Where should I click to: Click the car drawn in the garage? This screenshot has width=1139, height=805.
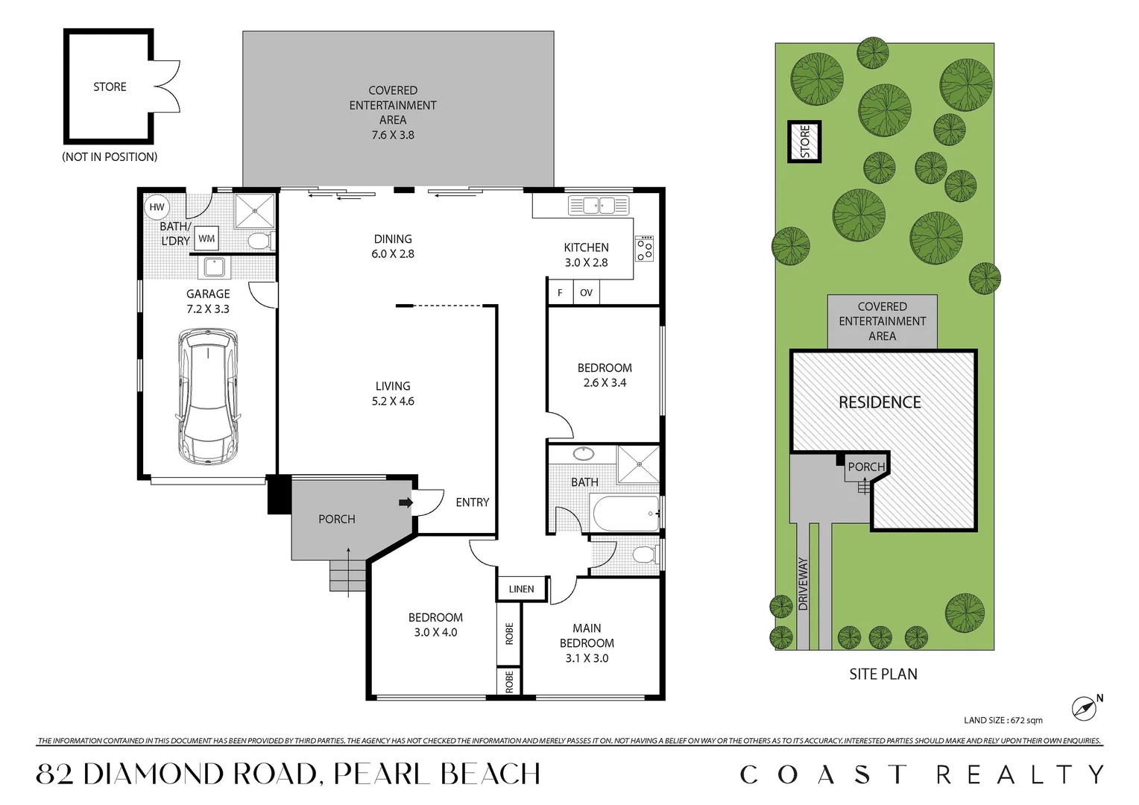tap(208, 397)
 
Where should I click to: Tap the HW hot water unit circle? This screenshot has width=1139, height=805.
tap(157, 207)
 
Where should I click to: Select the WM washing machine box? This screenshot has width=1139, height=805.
tap(206, 239)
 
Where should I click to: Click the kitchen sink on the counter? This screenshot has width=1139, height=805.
tap(599, 205)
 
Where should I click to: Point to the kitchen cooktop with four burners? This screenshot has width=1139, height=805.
tap(644, 248)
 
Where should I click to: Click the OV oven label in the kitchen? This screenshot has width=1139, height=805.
tap(586, 293)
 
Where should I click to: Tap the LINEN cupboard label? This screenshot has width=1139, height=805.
tap(521, 589)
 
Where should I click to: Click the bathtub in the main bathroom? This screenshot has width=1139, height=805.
tap(625, 514)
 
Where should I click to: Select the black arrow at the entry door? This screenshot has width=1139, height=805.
tap(406, 502)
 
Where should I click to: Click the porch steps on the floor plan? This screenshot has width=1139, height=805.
tap(348, 575)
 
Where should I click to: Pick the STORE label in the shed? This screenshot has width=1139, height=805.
tap(110, 86)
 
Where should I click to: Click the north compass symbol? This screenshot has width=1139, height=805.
tap(1085, 707)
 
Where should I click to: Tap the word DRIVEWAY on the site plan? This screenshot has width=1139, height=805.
tap(803, 584)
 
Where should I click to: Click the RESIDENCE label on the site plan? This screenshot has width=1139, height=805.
tap(880, 402)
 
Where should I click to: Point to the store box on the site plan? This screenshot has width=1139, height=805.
tap(804, 142)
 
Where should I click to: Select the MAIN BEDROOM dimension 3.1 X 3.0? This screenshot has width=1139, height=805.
tap(587, 658)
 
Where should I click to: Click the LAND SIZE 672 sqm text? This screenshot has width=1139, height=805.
tap(1003, 720)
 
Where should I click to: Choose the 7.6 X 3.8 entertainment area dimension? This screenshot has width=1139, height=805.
tap(393, 135)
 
